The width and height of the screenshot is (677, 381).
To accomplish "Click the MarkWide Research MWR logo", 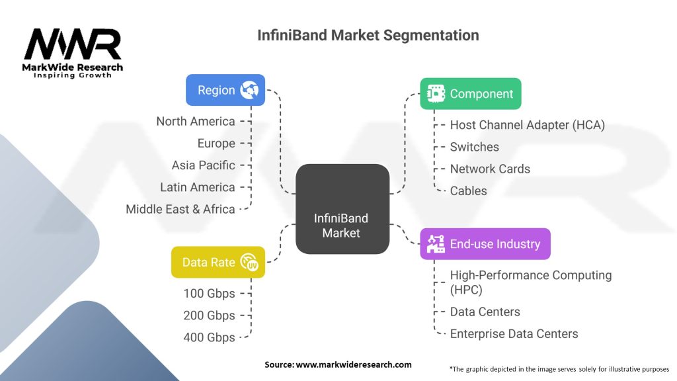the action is (x=73, y=53).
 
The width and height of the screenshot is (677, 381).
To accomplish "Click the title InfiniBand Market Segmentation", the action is (x=368, y=35).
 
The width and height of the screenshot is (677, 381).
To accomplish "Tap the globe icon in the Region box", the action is (x=249, y=90).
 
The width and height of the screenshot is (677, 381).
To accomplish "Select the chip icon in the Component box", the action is (x=436, y=93).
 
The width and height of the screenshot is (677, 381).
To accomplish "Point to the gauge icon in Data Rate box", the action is (x=249, y=262).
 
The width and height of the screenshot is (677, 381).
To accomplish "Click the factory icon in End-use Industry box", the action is (x=436, y=243).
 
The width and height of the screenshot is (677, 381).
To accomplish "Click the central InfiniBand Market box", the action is (x=342, y=208).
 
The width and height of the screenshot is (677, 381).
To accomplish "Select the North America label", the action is (x=196, y=122).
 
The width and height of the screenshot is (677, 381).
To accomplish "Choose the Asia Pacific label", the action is (x=204, y=165).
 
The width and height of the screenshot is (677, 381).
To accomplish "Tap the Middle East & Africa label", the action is (x=180, y=209).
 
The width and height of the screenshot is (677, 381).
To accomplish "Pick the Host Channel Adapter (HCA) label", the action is (x=527, y=125).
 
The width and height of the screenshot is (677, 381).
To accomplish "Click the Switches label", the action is (x=475, y=147).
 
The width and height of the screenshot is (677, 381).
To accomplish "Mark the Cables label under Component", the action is (x=469, y=190).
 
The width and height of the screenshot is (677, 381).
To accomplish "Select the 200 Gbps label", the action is (x=210, y=316).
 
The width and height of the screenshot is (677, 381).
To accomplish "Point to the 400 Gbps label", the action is (x=210, y=337).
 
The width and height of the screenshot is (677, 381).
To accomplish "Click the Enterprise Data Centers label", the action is (x=514, y=333).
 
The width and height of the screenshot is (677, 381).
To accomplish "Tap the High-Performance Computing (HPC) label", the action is (x=531, y=282).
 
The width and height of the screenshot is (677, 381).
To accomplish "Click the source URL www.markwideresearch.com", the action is (x=354, y=364).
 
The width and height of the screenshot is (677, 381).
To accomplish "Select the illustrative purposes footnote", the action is (x=559, y=369).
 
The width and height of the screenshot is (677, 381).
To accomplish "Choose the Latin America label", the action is (x=198, y=187).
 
